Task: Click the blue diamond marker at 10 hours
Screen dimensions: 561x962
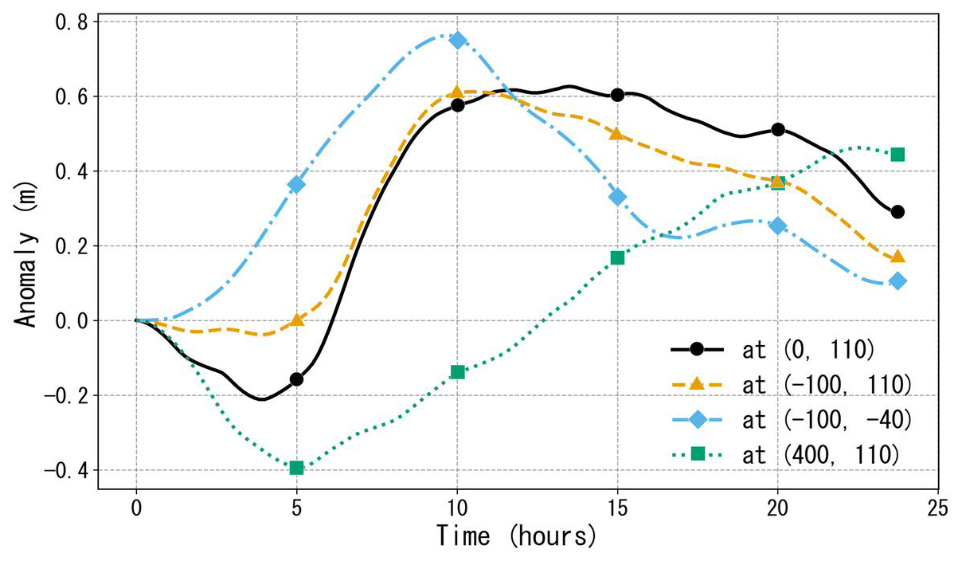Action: click(x=457, y=40)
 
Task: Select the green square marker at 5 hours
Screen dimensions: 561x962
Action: click(x=297, y=468)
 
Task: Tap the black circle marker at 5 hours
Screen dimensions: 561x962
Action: click(x=297, y=379)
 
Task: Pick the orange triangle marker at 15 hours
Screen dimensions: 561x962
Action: click(x=617, y=133)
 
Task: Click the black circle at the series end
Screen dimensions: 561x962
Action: click(x=897, y=212)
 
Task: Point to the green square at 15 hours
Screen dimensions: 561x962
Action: click(x=617, y=257)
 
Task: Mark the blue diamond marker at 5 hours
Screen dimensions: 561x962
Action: click(x=297, y=184)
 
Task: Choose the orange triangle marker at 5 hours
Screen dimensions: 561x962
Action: click(x=297, y=320)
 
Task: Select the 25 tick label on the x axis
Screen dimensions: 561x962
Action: click(x=937, y=507)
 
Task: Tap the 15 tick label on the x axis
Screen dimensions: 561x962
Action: click(x=617, y=507)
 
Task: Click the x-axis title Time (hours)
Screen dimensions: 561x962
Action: click(x=516, y=535)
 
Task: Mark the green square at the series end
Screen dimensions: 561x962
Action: click(x=897, y=155)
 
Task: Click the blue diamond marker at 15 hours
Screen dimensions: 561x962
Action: click(x=617, y=197)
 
